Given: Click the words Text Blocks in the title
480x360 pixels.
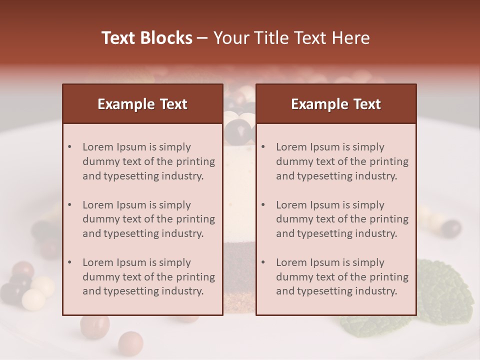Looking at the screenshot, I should (146, 38).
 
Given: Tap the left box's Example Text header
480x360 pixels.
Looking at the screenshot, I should (142, 104).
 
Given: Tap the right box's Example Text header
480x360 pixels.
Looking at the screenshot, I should (336, 104).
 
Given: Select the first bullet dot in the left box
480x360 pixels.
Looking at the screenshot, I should (69, 147).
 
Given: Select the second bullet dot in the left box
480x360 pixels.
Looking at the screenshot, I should (69, 205).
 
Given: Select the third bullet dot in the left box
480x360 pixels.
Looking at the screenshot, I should (69, 262).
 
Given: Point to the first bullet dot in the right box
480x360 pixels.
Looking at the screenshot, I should (263, 147).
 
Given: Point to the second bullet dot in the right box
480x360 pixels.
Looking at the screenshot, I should (263, 205).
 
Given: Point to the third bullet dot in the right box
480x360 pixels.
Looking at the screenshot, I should (263, 262).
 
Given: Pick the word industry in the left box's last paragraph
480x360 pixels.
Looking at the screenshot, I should (182, 291).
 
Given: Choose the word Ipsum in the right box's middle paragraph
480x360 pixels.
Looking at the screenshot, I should (328, 205).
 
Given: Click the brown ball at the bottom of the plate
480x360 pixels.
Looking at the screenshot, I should (130, 343).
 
